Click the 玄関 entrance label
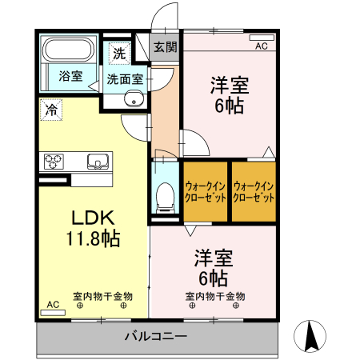click(x=166, y=47)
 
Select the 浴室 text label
click(x=70, y=76)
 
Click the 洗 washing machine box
click(x=118, y=54)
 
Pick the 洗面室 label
click(x=125, y=79)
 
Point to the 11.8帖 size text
click(x=93, y=238)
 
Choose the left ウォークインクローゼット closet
click(x=206, y=192)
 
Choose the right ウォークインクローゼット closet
click(x=254, y=192)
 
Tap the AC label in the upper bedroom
click(x=261, y=46)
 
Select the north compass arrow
click(x=314, y=334)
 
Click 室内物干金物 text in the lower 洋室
click(x=215, y=296)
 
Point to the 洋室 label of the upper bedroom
click(x=227, y=83)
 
